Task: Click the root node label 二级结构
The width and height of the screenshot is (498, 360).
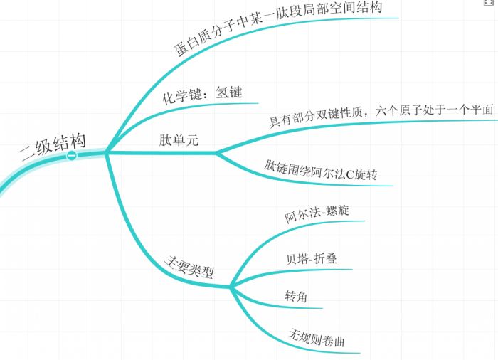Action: [x=52, y=145]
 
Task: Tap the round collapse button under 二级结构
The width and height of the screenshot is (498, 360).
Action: [x=72, y=155]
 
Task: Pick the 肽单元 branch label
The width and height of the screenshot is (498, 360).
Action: [x=178, y=140]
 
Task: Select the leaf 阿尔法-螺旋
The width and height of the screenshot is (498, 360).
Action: [x=317, y=214]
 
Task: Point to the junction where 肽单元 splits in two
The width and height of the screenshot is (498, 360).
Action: [x=216, y=152]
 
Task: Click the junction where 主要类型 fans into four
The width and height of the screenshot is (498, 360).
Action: [x=231, y=287]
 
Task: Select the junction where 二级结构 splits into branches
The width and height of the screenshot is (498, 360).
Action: [x=106, y=152]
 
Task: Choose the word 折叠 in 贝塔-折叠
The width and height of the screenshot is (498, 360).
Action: [x=324, y=258]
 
